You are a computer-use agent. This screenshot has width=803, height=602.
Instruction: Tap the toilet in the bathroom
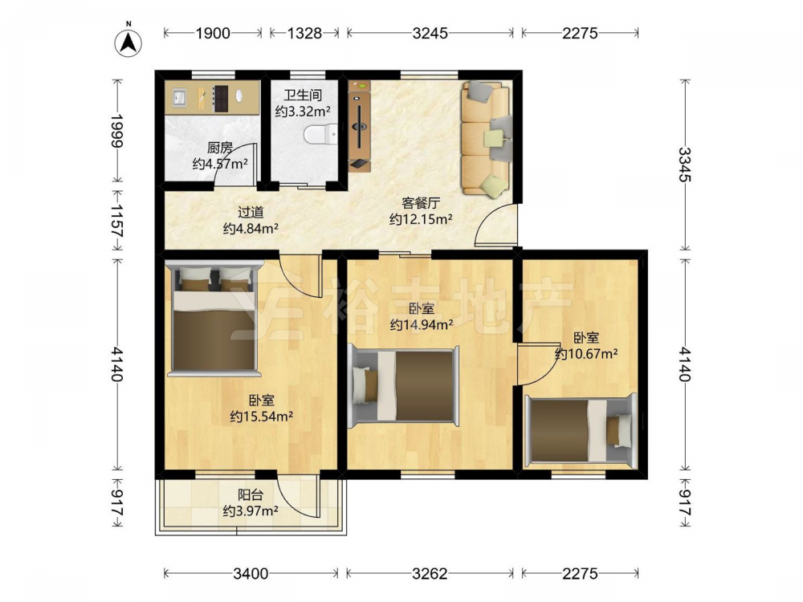(320, 136)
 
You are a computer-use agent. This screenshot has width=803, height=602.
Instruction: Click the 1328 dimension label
(304, 33)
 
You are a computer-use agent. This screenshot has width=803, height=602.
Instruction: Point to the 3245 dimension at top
(430, 33)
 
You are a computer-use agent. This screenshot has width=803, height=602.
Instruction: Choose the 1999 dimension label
(117, 131)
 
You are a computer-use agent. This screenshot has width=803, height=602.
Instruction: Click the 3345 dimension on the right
(685, 165)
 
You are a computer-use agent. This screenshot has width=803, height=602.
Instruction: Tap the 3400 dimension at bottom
(251, 573)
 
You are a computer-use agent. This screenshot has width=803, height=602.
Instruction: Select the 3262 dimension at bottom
(430, 573)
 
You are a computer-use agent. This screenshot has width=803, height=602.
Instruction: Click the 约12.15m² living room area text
(421, 219)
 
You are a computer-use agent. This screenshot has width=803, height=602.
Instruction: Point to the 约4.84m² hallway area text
(251, 228)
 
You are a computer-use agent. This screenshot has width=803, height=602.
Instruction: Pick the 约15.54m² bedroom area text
(262, 416)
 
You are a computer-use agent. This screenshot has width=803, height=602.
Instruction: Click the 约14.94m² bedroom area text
(421, 324)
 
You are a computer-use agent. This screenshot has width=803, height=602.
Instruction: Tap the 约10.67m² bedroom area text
(586, 353)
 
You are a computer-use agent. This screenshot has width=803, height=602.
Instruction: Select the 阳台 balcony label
(251, 495)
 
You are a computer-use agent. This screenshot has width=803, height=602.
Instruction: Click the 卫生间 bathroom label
(303, 96)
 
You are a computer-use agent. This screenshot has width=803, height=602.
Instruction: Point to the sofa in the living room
(487, 139)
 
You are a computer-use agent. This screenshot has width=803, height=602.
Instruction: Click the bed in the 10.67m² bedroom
(581, 430)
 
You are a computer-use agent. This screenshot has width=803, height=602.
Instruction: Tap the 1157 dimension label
(117, 220)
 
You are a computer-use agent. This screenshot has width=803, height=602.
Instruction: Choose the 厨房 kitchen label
(220, 148)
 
